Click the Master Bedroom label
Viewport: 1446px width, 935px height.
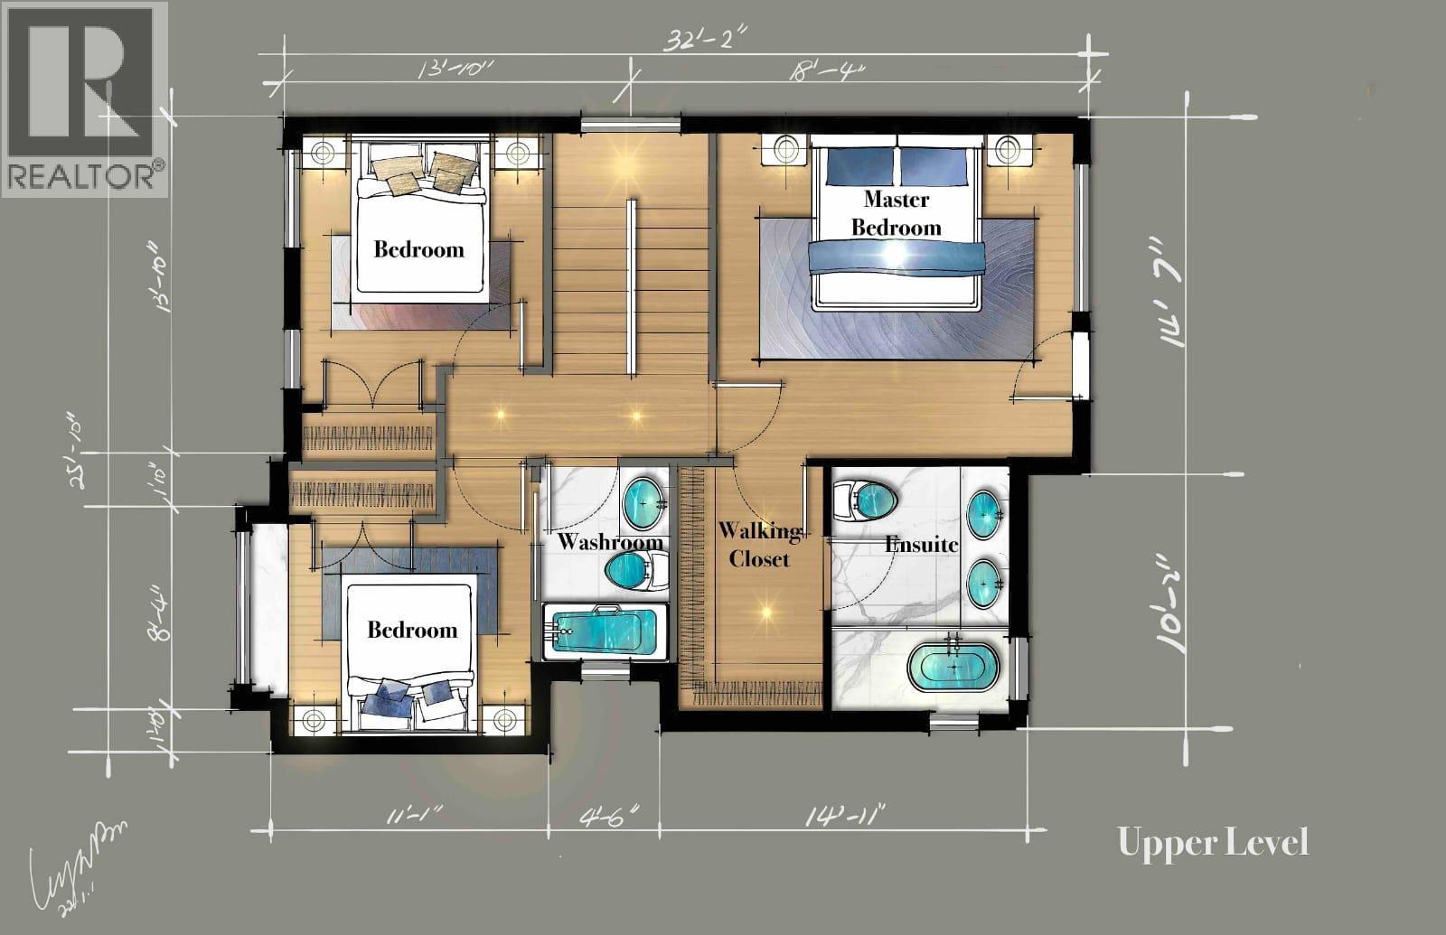(x=896, y=213)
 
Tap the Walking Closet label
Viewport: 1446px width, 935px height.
(x=759, y=545)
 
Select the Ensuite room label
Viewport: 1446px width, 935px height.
(x=921, y=545)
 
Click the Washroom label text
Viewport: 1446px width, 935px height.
(x=610, y=542)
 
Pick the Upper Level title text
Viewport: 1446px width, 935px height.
(x=1213, y=842)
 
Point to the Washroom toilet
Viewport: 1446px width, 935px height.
(x=634, y=570)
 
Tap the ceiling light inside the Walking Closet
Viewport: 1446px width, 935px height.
(x=766, y=612)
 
